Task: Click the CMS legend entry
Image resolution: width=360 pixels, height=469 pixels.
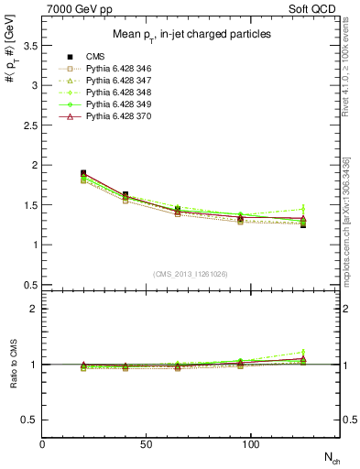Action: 100,57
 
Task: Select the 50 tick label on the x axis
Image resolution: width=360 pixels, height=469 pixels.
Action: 143,444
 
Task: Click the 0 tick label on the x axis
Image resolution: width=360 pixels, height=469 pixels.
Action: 42,444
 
